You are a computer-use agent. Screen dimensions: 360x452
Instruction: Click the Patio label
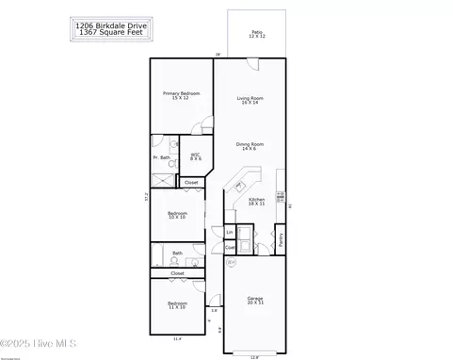(257, 34)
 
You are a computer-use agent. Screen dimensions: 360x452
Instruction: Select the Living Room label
(250, 100)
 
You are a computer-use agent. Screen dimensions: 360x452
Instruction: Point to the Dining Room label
(250, 146)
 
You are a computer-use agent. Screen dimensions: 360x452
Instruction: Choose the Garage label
(256, 300)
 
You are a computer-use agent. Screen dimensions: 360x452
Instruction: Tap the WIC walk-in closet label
(195, 157)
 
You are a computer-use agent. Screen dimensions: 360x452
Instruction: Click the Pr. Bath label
(163, 157)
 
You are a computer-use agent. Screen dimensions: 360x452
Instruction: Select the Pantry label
(280, 237)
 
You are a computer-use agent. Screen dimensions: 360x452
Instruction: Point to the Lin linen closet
(230, 231)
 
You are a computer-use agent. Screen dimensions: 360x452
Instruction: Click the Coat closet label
(230, 248)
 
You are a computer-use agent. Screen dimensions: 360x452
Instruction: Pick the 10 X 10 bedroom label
(177, 216)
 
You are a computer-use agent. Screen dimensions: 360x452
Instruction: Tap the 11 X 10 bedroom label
(176, 306)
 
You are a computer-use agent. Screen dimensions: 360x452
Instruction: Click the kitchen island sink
(238, 185)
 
